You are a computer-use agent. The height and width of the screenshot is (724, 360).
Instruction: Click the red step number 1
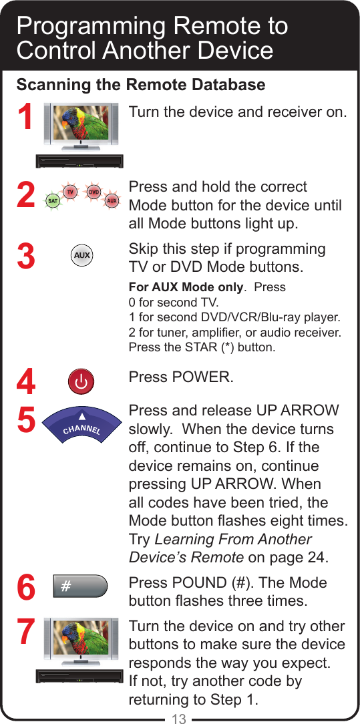25,119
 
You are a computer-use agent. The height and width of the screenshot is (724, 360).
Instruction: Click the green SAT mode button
51,200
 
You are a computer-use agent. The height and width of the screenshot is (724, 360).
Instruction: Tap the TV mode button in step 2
69,192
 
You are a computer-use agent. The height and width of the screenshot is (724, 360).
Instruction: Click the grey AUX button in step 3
81,256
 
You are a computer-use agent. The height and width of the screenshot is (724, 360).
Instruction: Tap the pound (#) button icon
80,586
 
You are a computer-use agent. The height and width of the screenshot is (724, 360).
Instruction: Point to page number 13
179,719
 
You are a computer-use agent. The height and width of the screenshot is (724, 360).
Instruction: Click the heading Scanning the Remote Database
140,85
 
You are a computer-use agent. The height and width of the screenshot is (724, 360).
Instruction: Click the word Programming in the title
91,26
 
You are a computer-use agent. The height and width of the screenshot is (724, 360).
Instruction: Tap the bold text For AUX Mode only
185,288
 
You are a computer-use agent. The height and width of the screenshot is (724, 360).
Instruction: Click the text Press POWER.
181,377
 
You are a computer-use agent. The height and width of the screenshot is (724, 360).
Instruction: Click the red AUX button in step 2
112,200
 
